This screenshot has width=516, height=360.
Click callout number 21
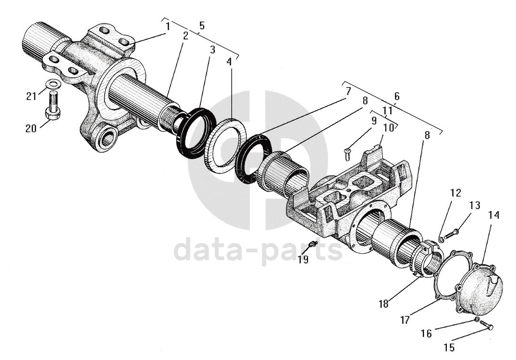tap(31, 96)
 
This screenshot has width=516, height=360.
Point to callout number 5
tap(202, 26)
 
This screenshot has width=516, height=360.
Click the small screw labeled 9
tap(348, 153)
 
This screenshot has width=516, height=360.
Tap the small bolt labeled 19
tap(314, 244)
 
